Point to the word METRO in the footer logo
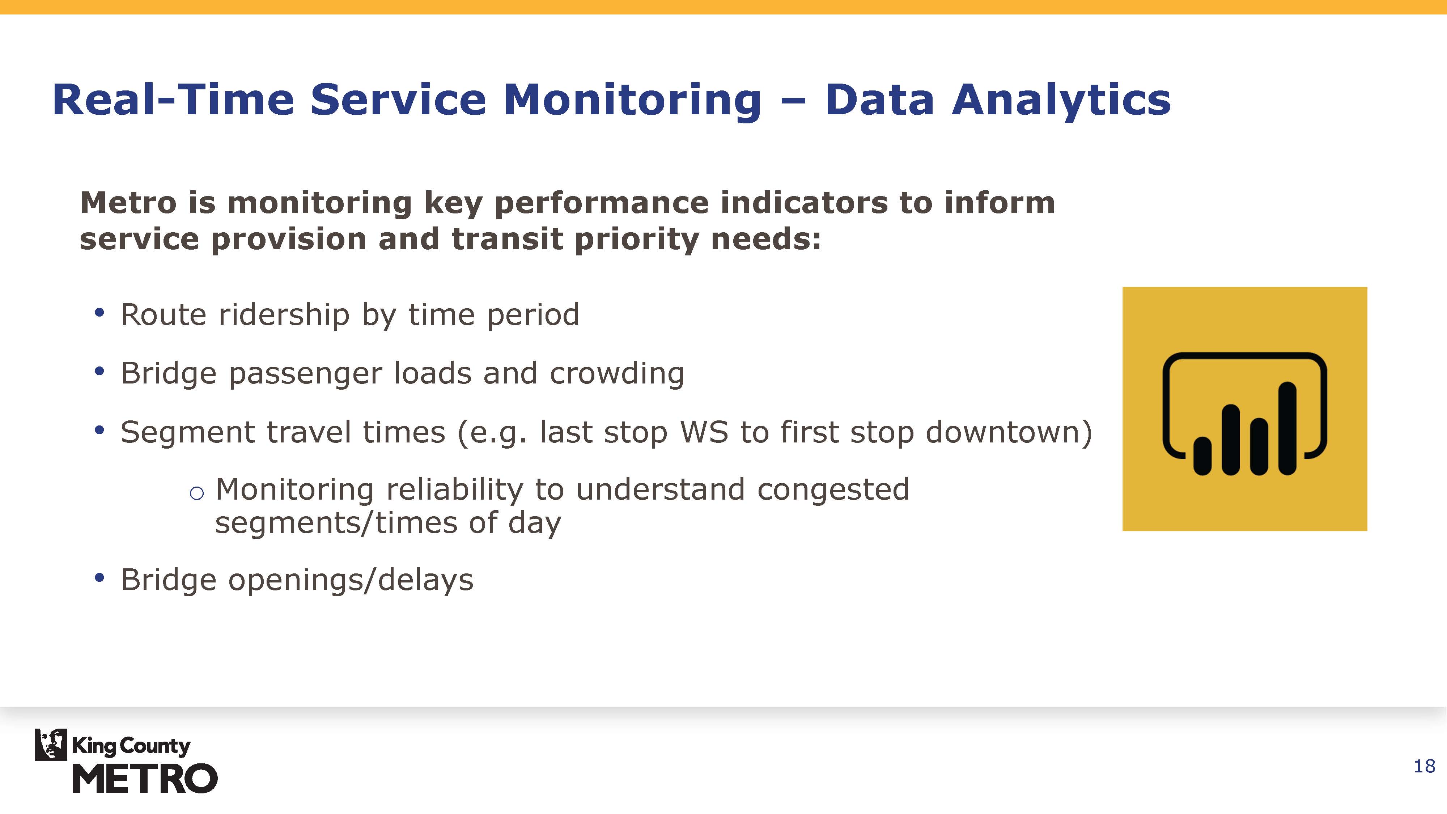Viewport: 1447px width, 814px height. (x=145, y=779)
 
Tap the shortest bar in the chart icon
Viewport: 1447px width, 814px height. (x=1202, y=456)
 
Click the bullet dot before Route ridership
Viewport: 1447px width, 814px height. (x=99, y=312)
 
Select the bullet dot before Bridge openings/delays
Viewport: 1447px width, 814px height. (x=99, y=577)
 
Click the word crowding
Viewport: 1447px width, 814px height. (x=617, y=374)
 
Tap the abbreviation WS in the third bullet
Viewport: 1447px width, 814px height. (x=704, y=433)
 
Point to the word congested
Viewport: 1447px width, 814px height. (x=833, y=490)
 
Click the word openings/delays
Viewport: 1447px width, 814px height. (x=351, y=580)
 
